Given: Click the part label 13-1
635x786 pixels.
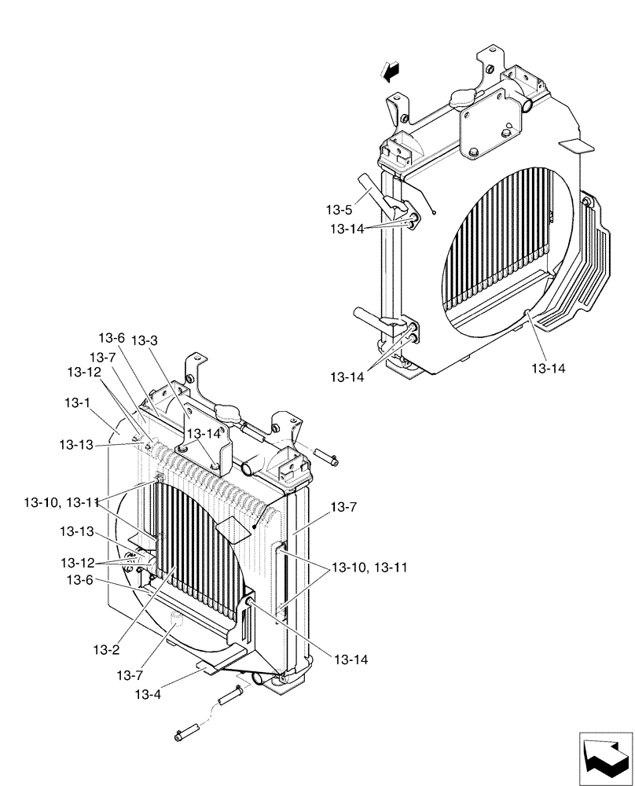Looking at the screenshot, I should [78, 402].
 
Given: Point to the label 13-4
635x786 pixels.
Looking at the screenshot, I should [149, 694].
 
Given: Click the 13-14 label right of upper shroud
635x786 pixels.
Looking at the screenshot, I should [548, 367].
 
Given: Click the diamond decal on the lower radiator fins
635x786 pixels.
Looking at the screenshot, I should [234, 531].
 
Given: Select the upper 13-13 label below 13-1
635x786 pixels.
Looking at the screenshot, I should [75, 445].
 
